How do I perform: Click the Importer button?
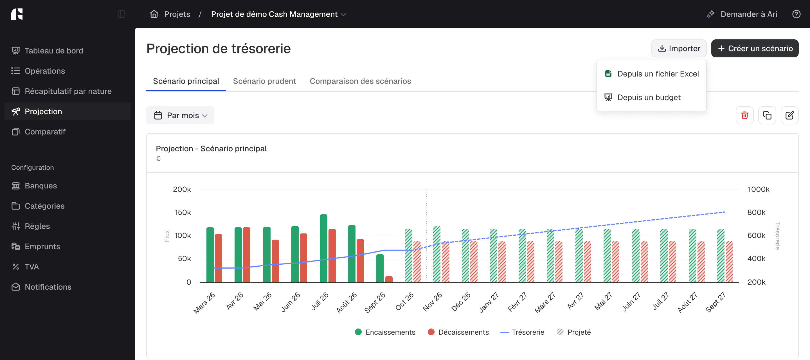click(x=679, y=48)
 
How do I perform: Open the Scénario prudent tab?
click(x=264, y=81)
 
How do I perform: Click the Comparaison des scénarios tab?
click(x=360, y=81)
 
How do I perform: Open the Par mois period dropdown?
click(x=180, y=115)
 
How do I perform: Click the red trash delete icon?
click(x=744, y=115)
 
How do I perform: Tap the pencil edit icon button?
click(x=789, y=115)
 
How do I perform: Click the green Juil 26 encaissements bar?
click(x=323, y=248)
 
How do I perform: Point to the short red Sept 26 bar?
click(x=389, y=279)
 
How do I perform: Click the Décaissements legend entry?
click(x=458, y=332)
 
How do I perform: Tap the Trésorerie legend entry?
click(x=522, y=332)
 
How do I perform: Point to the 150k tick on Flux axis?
click(x=183, y=213)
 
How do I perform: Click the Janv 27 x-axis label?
click(x=489, y=302)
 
